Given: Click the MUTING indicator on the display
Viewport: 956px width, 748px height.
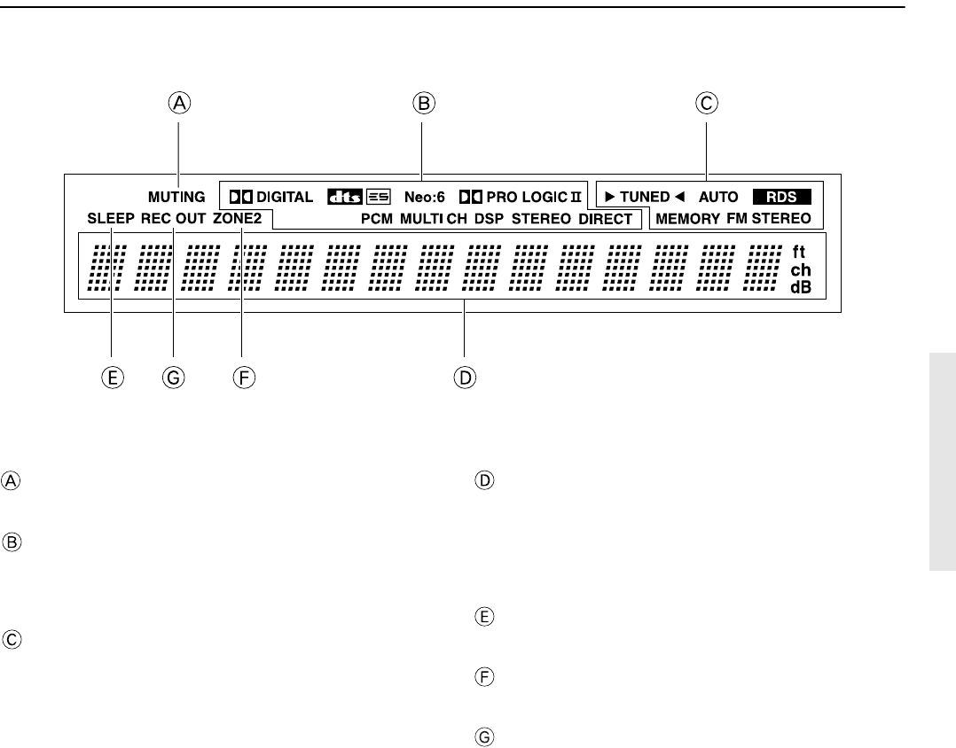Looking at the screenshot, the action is coord(176,197).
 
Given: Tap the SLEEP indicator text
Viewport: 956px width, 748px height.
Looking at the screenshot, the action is coord(110,218).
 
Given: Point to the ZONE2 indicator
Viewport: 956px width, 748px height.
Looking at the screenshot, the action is coord(239,218).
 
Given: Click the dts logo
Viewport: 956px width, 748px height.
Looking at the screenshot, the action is coord(342,197).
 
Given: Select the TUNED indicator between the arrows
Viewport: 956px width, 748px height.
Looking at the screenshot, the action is coord(645,197).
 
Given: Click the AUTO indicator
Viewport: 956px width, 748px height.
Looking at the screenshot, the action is coord(718,197).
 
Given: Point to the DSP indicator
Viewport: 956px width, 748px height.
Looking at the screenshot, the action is coord(489,218).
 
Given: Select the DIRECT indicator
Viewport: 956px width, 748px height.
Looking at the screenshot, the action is coord(605,218).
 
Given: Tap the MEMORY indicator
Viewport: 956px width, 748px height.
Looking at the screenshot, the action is coord(688,218).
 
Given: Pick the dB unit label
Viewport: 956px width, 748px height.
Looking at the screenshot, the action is coord(801,287).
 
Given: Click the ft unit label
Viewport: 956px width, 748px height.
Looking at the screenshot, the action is coord(798,252).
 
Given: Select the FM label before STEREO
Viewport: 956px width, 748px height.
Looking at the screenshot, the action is coord(738,218).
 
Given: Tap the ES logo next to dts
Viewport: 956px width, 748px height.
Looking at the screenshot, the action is coord(377,197).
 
